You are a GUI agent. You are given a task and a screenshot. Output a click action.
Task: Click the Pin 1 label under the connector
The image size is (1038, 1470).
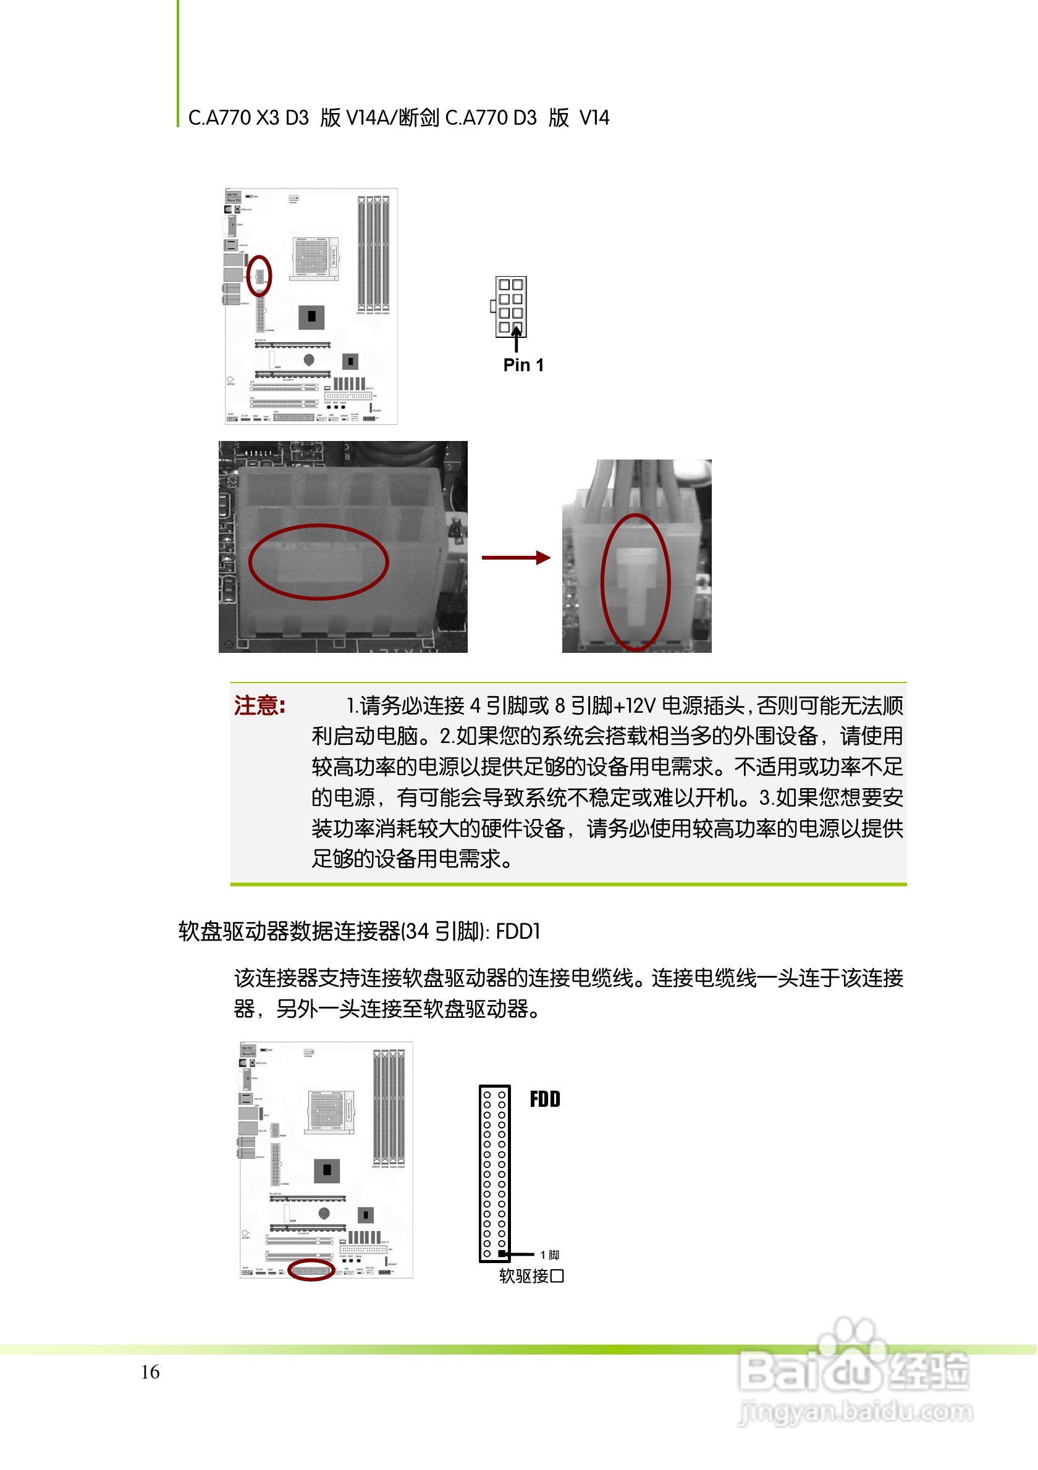(x=523, y=366)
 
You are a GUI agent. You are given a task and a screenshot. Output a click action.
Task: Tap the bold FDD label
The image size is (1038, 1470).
(x=545, y=1099)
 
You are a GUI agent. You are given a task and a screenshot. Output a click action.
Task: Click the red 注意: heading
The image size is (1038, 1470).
(x=259, y=705)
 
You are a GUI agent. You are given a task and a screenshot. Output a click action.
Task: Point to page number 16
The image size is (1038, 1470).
(x=151, y=1372)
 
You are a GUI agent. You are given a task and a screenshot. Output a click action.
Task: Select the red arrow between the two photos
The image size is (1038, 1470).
(x=515, y=558)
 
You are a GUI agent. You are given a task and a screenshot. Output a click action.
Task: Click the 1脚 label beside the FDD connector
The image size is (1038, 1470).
(x=549, y=1255)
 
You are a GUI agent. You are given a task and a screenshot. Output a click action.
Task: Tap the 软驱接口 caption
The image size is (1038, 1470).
(x=531, y=1276)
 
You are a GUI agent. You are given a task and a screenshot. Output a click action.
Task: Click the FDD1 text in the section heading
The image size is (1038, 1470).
(x=518, y=931)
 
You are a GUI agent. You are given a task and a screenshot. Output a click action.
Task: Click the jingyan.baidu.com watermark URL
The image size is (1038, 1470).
(x=856, y=1411)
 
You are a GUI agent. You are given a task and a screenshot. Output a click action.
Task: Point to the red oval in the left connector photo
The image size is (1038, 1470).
(x=318, y=562)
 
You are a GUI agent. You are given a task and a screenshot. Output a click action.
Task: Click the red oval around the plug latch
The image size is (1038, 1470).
(x=635, y=582)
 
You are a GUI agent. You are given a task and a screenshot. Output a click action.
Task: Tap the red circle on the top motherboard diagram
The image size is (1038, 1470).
(x=259, y=275)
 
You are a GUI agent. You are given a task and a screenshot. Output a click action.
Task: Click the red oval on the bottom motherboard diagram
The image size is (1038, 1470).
(x=311, y=1270)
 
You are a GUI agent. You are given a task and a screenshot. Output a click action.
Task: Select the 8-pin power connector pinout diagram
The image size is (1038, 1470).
(x=510, y=307)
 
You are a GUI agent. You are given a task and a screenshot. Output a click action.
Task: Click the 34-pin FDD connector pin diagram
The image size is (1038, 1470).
(x=494, y=1174)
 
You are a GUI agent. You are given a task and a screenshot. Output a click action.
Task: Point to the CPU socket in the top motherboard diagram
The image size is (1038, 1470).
(x=314, y=258)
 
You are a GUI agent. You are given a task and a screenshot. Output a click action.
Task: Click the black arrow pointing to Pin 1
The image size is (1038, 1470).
(x=516, y=339)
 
